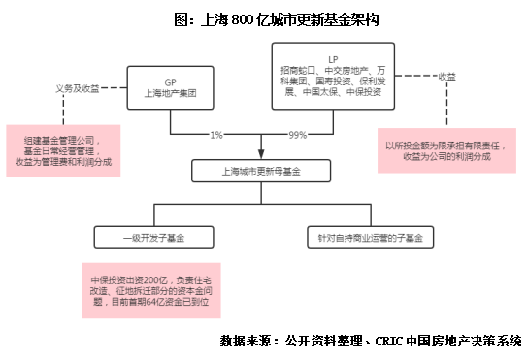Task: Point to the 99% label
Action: tap(298, 134)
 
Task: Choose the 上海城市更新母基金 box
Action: tap(262, 172)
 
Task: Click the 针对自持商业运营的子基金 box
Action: tap(370, 237)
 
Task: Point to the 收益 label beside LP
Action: tap(447, 75)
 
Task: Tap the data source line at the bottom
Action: tap(371, 341)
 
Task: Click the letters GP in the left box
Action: tap(170, 82)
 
